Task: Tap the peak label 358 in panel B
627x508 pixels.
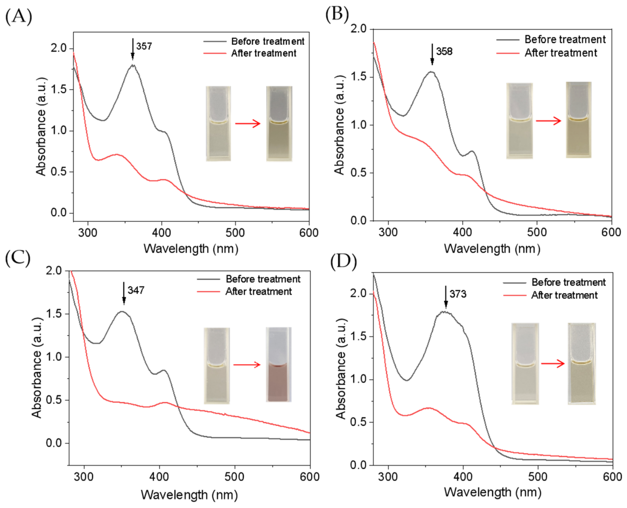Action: pos(444,52)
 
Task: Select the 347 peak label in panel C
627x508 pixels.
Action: pos(136,290)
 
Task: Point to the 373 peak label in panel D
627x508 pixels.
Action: pos(458,294)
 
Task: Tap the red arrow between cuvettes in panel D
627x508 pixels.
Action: pos(553,364)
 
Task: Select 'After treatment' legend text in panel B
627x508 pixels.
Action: pos(560,53)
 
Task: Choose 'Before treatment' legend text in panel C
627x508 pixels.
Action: pos(263,279)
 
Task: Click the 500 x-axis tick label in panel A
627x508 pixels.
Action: pos(235,233)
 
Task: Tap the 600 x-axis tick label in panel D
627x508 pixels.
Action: pos(612,477)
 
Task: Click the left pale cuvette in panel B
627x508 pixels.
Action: pos(519,121)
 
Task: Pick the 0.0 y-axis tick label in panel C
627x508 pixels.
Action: pos(54,443)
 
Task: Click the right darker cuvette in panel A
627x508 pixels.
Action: pos(279,124)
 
